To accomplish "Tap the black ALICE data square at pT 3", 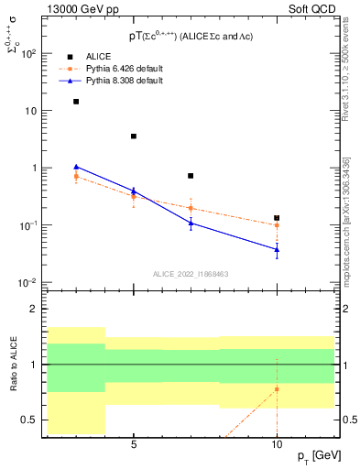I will [76, 102].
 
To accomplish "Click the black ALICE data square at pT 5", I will [134, 136].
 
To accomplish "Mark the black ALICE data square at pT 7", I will [191, 176].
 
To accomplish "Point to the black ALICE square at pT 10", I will [277, 218].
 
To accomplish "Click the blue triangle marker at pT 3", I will [76, 167].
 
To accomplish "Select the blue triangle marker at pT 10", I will [277, 248].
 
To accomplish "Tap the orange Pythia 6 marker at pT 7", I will [191, 208].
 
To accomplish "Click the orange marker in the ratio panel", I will [277, 389].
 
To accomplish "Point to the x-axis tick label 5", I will [134, 444].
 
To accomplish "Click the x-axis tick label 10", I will [277, 444].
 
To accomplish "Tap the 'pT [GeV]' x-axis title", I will [311, 456].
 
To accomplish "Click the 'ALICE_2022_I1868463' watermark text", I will [191, 274].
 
